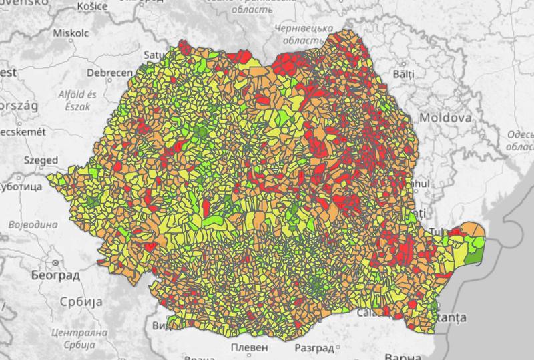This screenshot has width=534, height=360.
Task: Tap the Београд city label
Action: [55, 275]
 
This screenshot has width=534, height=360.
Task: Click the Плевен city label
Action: [248, 348]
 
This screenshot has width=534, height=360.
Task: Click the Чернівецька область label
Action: [304, 35]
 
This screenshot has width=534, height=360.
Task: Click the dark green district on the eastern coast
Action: [476, 254]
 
